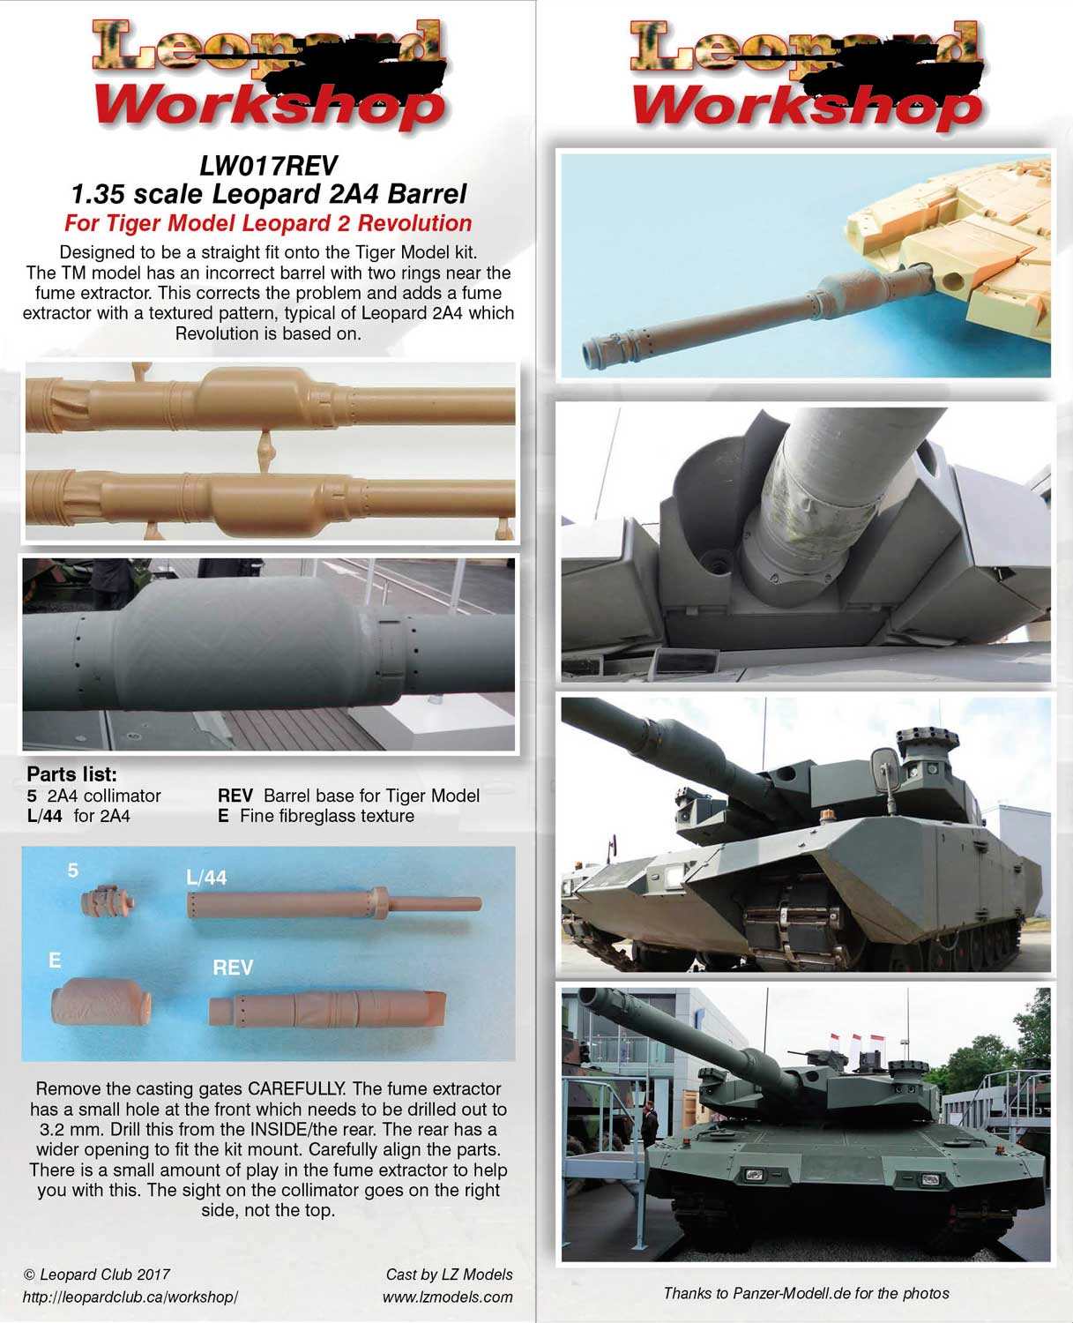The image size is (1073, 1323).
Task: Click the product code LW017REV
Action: pos(268,165)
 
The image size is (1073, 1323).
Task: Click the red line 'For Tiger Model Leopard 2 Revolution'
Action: pos(268,223)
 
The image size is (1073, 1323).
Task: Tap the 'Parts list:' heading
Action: pos(71,774)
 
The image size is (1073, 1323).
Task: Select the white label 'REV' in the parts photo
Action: pos(233,968)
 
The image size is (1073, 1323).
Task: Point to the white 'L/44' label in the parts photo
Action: pos(206,878)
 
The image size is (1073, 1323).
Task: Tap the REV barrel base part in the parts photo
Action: pos(326,1007)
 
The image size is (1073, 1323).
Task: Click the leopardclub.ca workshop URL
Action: pos(130,1297)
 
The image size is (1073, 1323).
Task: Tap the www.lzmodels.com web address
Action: pos(447,1297)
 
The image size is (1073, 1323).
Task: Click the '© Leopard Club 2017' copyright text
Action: pos(96,1274)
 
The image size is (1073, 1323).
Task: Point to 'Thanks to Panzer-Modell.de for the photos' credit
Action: pos(806,1294)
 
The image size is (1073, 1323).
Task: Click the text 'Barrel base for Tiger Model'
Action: pos(371,796)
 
